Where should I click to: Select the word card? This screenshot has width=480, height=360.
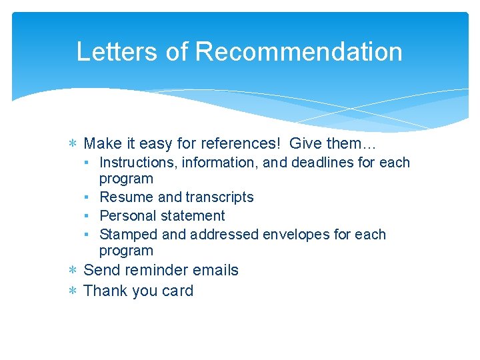(x=177, y=291)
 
